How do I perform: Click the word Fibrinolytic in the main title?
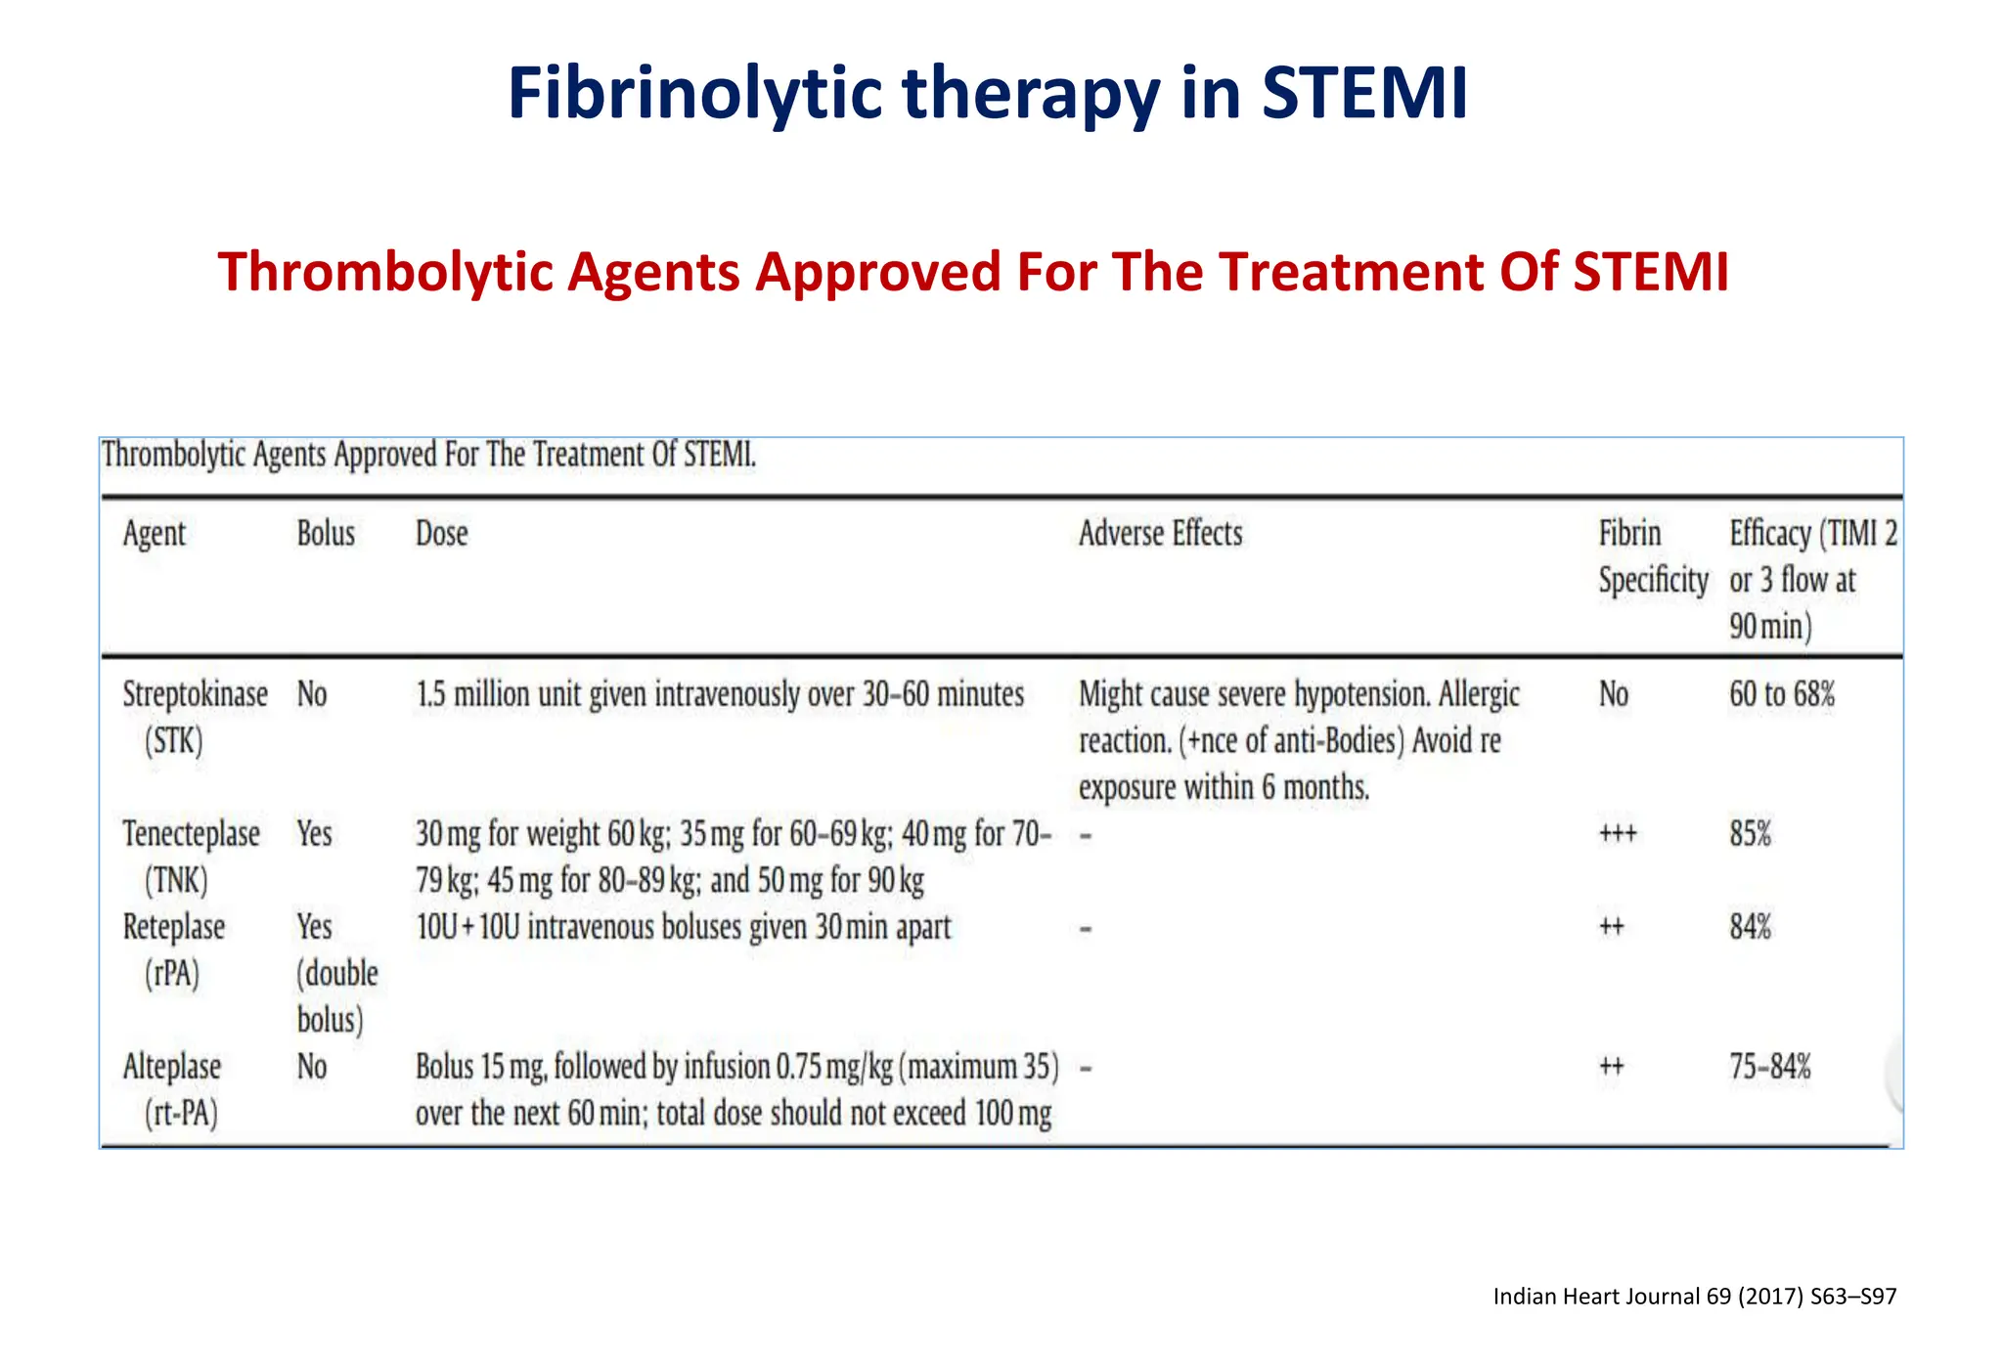(694, 94)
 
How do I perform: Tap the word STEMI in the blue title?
(1364, 94)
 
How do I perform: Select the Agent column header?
(154, 534)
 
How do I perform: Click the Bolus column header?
(326, 534)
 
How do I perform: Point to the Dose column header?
(441, 534)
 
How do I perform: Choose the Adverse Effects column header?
(1160, 534)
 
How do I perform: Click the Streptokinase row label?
(195, 695)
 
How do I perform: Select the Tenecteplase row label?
(191, 835)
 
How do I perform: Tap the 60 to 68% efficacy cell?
(1781, 695)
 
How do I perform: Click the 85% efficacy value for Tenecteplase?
(1750, 835)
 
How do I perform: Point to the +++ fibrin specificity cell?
(1617, 835)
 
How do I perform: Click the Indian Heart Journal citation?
(1694, 1297)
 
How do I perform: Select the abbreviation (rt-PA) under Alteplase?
(181, 1114)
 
